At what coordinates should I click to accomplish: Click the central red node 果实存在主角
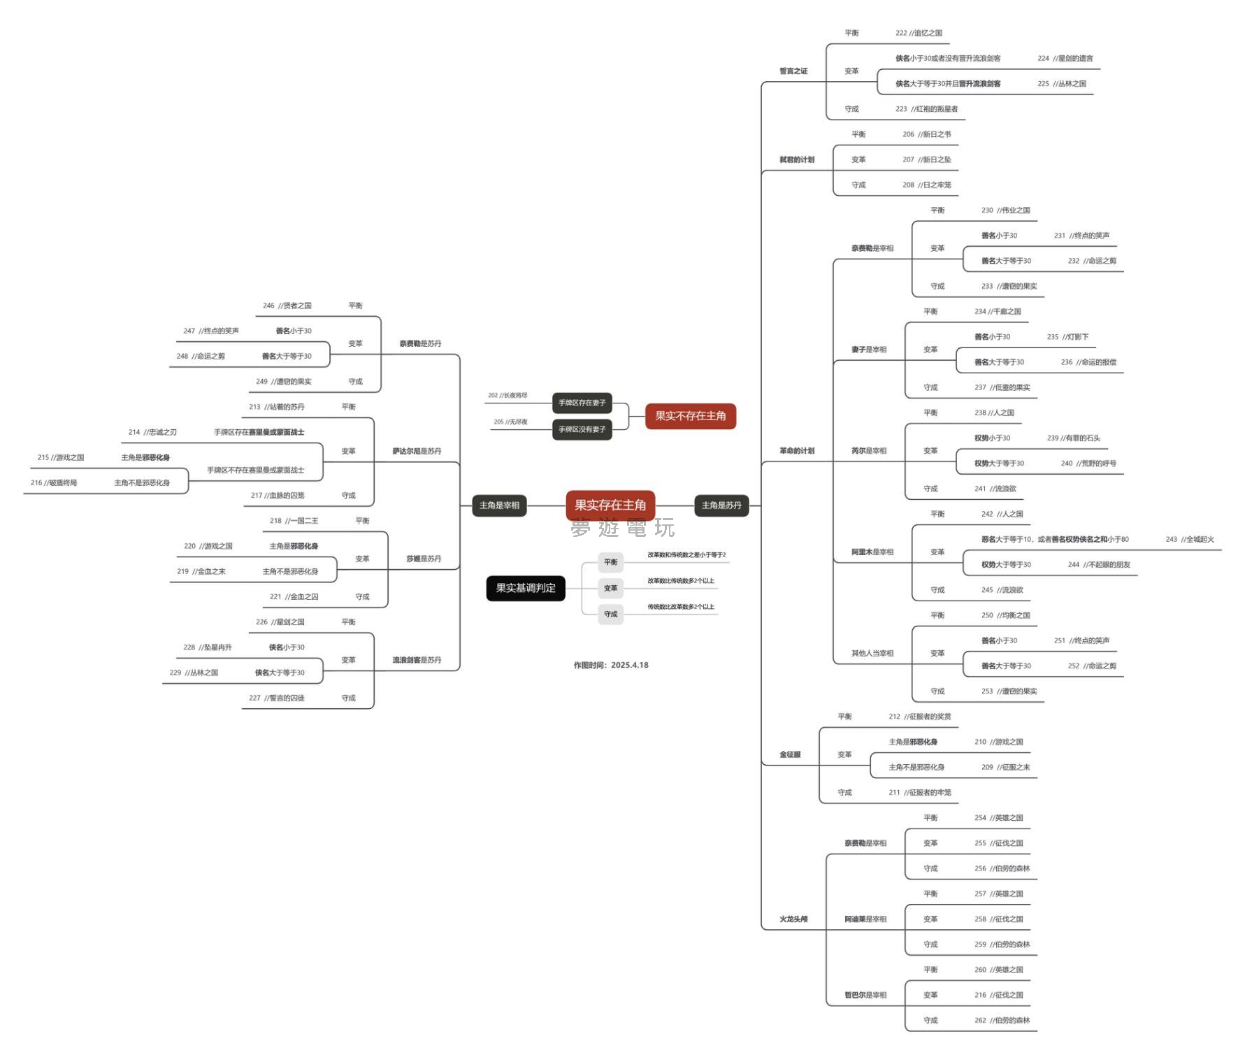click(610, 505)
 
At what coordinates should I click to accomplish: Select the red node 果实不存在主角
click(690, 416)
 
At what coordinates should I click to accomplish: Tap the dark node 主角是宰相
click(499, 505)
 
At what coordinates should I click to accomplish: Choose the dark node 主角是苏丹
click(721, 505)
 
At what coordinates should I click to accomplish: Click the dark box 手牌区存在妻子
click(582, 403)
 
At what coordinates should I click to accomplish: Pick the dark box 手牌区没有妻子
click(582, 429)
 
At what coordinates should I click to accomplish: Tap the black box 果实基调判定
click(526, 588)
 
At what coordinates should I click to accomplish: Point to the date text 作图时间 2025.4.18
click(611, 665)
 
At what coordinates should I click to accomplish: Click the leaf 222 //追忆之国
click(919, 33)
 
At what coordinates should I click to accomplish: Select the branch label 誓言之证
click(793, 71)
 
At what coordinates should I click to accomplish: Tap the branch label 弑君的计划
click(797, 159)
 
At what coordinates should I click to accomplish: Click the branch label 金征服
click(790, 754)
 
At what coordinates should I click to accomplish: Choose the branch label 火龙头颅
click(793, 919)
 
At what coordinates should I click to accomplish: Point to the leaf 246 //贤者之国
click(287, 306)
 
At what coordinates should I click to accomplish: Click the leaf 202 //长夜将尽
click(508, 396)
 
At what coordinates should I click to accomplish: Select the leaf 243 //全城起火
click(1190, 539)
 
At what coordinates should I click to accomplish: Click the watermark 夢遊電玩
click(622, 528)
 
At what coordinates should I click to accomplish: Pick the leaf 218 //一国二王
click(294, 521)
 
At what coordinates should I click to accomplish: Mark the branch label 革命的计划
click(797, 451)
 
